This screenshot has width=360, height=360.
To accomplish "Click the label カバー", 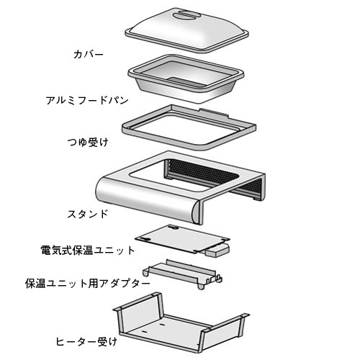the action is (x=89, y=55).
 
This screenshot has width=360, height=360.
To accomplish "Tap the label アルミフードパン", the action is (x=87, y=100).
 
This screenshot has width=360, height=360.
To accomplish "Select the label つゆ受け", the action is (x=88, y=143).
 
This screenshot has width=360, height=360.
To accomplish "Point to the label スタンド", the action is (x=88, y=214).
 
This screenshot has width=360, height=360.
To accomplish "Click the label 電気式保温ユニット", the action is (x=88, y=251).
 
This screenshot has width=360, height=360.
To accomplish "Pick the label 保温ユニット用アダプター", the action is (x=88, y=284).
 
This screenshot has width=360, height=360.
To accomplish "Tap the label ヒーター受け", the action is (x=86, y=341).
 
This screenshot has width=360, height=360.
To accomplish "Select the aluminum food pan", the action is (x=186, y=78).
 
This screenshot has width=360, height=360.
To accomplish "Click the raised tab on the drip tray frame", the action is (x=214, y=112).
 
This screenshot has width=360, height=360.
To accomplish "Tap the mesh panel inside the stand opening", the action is (x=202, y=173).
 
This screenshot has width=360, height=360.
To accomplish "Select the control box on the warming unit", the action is (x=217, y=250).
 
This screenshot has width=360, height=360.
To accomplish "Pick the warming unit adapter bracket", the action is (x=182, y=274).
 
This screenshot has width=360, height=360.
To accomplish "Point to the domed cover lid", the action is (x=186, y=30).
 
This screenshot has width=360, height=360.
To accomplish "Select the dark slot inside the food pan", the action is (x=187, y=81).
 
